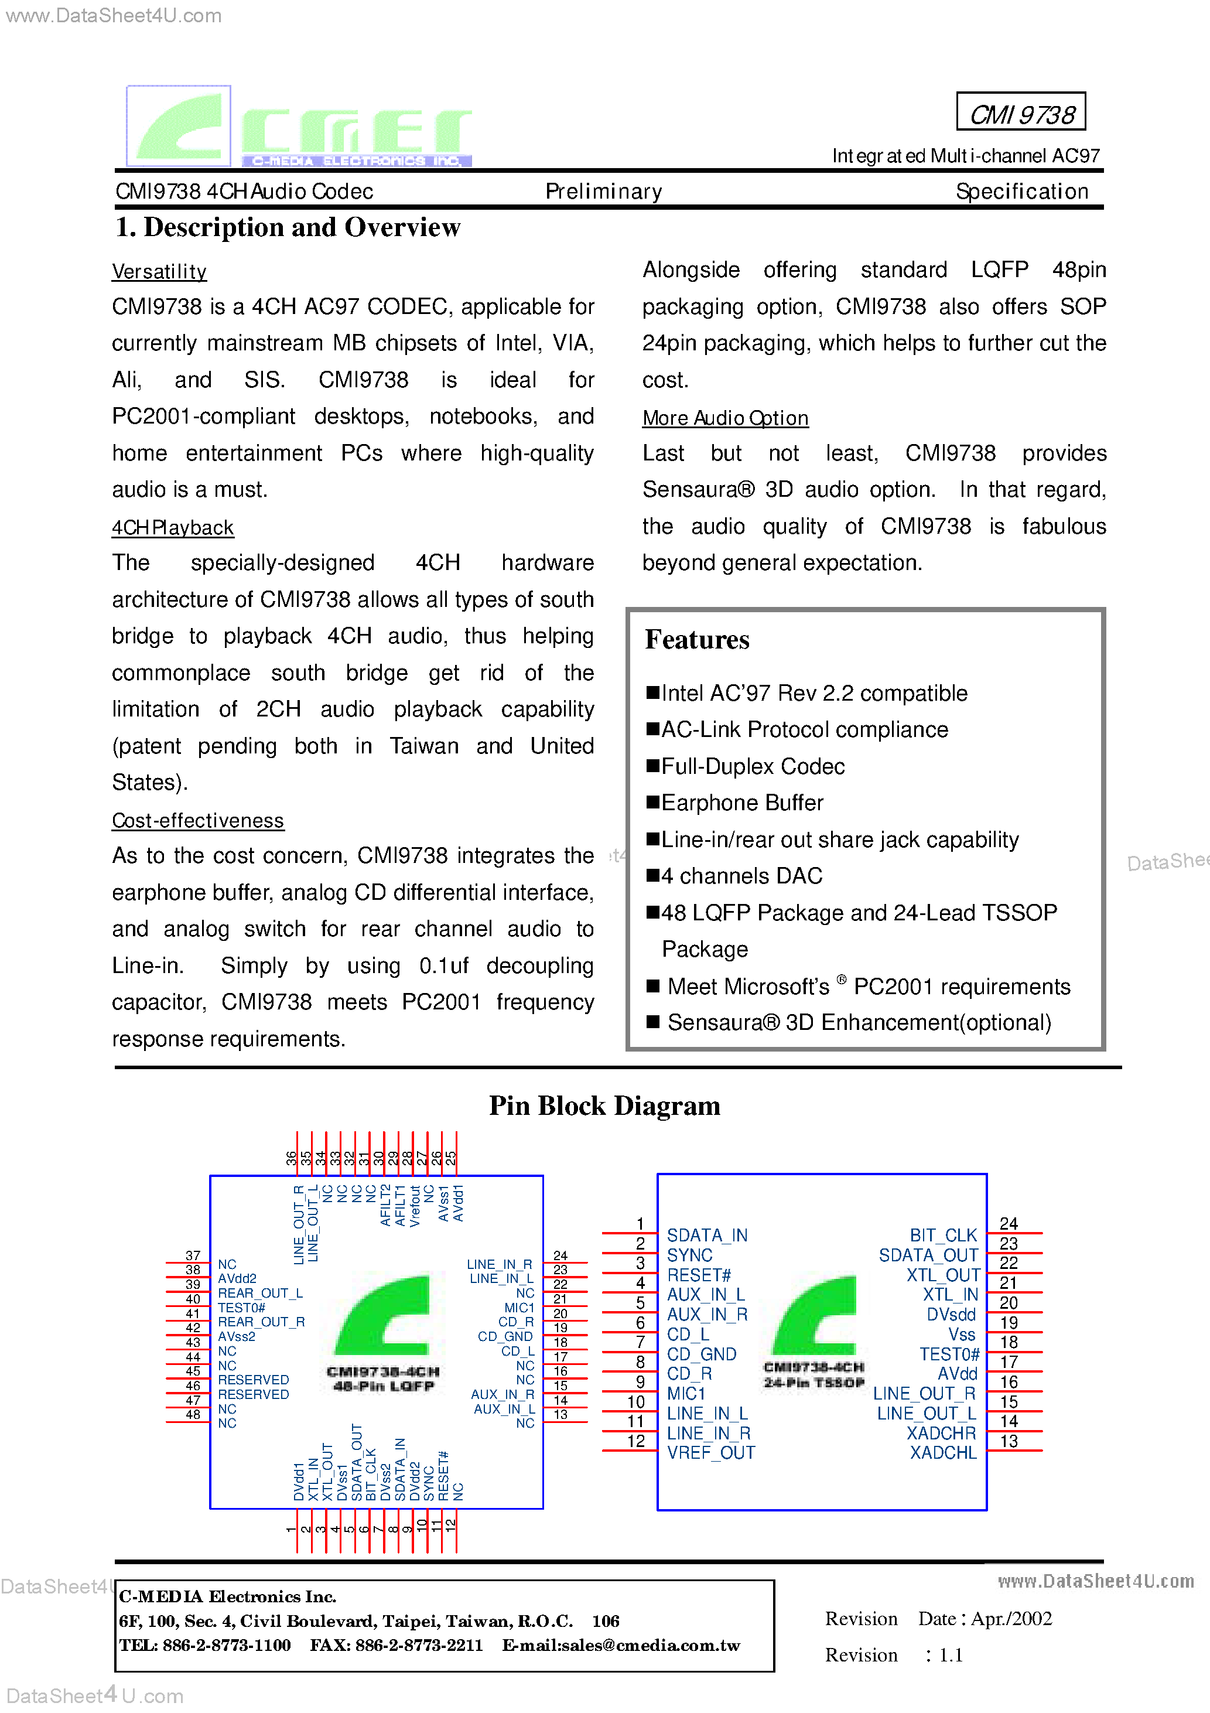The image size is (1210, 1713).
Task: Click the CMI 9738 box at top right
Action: tap(1020, 112)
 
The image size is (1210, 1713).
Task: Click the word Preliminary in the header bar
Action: tap(603, 192)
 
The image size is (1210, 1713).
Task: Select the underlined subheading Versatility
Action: tap(159, 272)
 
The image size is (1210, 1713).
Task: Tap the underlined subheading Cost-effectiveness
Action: tap(198, 821)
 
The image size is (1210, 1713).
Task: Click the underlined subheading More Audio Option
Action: tap(725, 418)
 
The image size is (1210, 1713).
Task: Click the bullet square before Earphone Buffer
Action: tap(653, 802)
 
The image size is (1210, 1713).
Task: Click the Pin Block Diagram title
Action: tap(604, 1105)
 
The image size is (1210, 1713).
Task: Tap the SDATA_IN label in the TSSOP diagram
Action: tap(706, 1236)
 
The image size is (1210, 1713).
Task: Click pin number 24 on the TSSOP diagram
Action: tap(1009, 1224)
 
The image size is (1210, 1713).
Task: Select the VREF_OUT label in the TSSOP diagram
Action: tap(711, 1453)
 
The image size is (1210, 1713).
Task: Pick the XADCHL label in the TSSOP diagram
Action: tap(943, 1453)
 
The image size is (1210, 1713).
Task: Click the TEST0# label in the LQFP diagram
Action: tap(241, 1308)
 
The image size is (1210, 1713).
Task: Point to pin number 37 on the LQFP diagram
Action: tap(193, 1255)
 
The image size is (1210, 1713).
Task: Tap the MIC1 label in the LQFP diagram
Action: tap(519, 1308)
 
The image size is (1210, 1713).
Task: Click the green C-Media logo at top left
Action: tap(298, 127)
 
